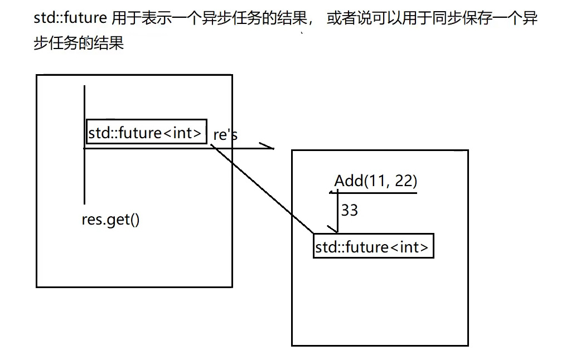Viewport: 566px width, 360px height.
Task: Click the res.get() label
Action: pos(110,220)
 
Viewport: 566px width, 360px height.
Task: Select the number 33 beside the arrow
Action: pos(349,210)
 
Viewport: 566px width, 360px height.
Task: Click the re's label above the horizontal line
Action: pos(225,135)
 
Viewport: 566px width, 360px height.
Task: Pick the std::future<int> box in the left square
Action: pos(146,133)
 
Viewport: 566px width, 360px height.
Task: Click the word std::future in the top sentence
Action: pos(70,18)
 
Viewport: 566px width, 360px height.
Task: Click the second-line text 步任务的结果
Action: pos(78,43)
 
